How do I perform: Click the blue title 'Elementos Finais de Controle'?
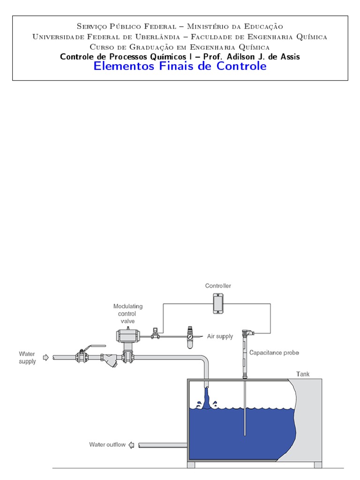tap(180, 67)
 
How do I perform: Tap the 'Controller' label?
tap(218, 285)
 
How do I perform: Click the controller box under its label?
tap(217, 303)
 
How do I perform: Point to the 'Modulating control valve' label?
tap(128, 313)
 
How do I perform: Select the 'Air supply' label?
tap(220, 337)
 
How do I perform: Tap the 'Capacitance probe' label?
tap(274, 352)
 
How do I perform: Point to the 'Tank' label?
tap(302, 374)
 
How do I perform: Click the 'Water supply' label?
tap(27, 358)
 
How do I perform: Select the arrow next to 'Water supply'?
tap(45, 358)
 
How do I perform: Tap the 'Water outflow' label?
tap(107, 444)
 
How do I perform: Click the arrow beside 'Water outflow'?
tap(132, 445)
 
